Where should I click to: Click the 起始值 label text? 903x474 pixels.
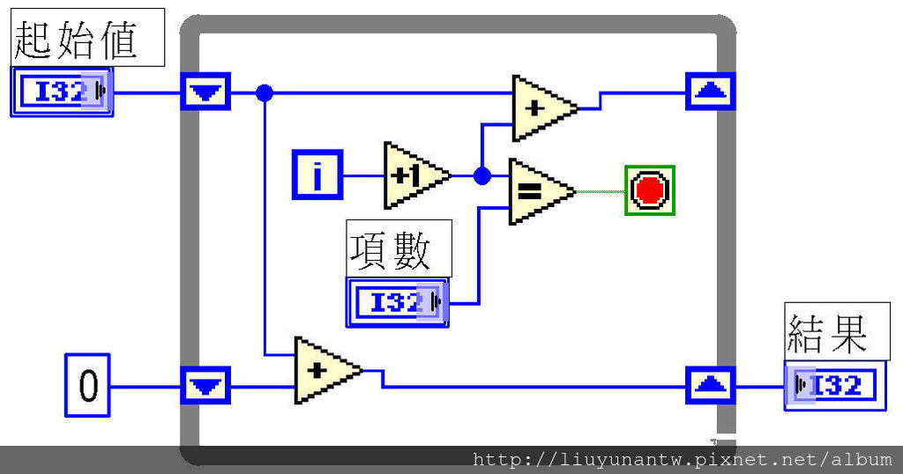86,37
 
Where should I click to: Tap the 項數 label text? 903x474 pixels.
397,248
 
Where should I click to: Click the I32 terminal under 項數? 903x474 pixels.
397,303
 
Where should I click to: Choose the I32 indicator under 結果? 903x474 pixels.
835,385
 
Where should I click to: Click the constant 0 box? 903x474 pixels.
87,385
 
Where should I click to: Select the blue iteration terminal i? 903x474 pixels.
317,174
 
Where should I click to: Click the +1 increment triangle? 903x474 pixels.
414,175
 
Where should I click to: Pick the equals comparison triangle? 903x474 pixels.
537,190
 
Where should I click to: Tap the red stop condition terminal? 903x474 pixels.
650,189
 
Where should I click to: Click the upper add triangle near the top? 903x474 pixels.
541,107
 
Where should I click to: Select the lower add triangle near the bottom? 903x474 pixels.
323,370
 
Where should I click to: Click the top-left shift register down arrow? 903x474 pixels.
205,91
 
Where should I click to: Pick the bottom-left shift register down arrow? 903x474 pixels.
205,385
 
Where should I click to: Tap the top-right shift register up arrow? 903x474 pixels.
710,91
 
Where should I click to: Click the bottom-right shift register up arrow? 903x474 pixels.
710,385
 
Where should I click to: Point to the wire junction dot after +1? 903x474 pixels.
481,175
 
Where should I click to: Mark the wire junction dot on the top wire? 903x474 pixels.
264,92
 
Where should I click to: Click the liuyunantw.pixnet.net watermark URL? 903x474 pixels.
682,459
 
